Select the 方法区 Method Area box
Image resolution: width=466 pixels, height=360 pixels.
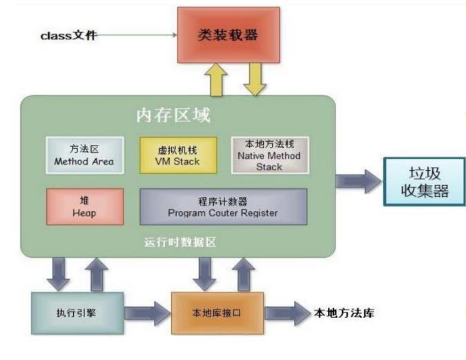[85, 155]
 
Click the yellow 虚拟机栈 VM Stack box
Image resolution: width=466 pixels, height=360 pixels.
[179, 155]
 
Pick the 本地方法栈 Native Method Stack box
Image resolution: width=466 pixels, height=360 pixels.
[269, 155]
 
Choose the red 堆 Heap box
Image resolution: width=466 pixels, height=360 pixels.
[85, 206]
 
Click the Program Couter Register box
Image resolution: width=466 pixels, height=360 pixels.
[223, 206]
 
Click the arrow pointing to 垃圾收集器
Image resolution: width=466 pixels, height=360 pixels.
[359, 181]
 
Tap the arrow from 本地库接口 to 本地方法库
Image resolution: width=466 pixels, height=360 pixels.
[287, 312]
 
